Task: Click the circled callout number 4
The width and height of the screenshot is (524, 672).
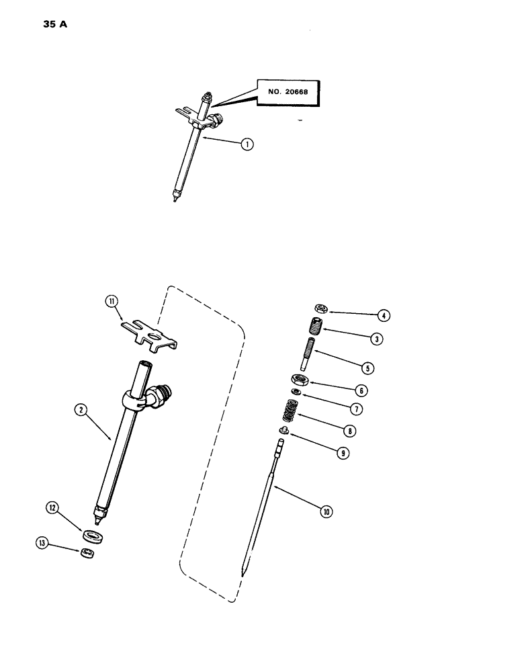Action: [x=382, y=314]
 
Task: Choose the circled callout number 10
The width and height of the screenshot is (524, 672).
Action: [x=327, y=511]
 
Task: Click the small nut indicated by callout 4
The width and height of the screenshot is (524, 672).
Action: [x=321, y=310]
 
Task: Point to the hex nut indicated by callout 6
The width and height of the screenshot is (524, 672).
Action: [x=298, y=378]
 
